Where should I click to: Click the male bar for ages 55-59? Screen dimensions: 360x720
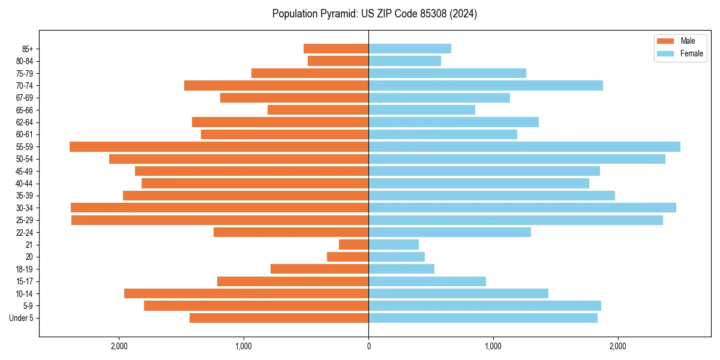[x=219, y=146]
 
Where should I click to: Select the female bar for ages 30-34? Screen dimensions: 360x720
[x=522, y=208]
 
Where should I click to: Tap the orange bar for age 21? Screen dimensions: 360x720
[x=353, y=245]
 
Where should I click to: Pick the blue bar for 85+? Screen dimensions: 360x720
[x=410, y=49]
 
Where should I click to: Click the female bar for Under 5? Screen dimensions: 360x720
[x=483, y=318]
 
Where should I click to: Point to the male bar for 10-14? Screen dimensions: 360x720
[x=246, y=293]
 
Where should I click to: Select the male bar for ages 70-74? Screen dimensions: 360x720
[x=276, y=85]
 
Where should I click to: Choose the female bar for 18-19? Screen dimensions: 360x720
[x=401, y=269]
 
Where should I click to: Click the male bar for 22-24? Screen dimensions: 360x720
[x=291, y=232]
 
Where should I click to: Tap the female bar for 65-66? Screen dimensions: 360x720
[x=422, y=110]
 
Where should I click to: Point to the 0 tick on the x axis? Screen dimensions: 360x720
[x=368, y=346]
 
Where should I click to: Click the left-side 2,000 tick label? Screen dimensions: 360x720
[x=119, y=346]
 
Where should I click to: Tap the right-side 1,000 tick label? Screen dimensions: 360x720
[x=493, y=346]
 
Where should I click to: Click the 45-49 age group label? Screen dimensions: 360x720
[x=25, y=171]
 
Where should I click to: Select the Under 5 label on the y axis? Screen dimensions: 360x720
[x=21, y=318]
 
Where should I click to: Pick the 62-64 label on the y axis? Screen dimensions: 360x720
[x=25, y=122]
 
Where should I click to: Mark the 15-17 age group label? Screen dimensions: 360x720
[x=25, y=281]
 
